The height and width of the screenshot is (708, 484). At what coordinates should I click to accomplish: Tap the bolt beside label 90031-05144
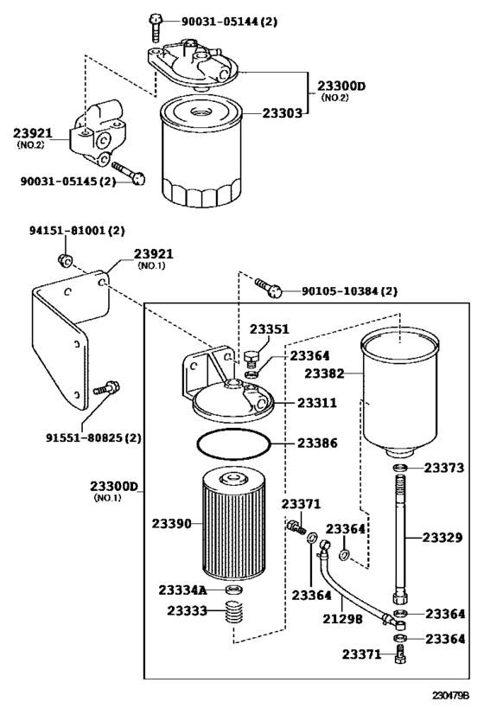pyautogui.click(x=155, y=28)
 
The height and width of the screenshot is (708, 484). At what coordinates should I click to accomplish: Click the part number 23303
pyautogui.click(x=282, y=113)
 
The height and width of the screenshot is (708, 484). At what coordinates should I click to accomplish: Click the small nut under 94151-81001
pyautogui.click(x=65, y=260)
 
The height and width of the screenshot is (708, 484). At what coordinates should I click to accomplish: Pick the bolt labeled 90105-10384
pyautogui.click(x=269, y=288)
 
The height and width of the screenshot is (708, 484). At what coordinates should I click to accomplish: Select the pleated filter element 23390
pyautogui.click(x=230, y=524)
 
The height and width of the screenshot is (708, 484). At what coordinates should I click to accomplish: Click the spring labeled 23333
pyautogui.click(x=236, y=613)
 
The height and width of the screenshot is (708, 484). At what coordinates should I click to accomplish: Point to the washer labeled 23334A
pyautogui.click(x=234, y=590)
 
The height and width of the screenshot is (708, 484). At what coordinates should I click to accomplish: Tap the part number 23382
pyautogui.click(x=324, y=373)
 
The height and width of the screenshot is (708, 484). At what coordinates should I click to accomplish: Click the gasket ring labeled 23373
pyautogui.click(x=400, y=468)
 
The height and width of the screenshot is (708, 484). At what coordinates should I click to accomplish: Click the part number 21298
pyautogui.click(x=342, y=619)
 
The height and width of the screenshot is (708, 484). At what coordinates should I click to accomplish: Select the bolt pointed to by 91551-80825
pyautogui.click(x=107, y=388)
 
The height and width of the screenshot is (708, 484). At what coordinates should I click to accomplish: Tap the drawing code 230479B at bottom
pyautogui.click(x=450, y=694)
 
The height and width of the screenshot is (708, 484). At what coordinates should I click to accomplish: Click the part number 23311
pyautogui.click(x=317, y=403)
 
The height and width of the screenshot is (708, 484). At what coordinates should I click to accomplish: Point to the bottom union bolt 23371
pyautogui.click(x=400, y=653)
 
